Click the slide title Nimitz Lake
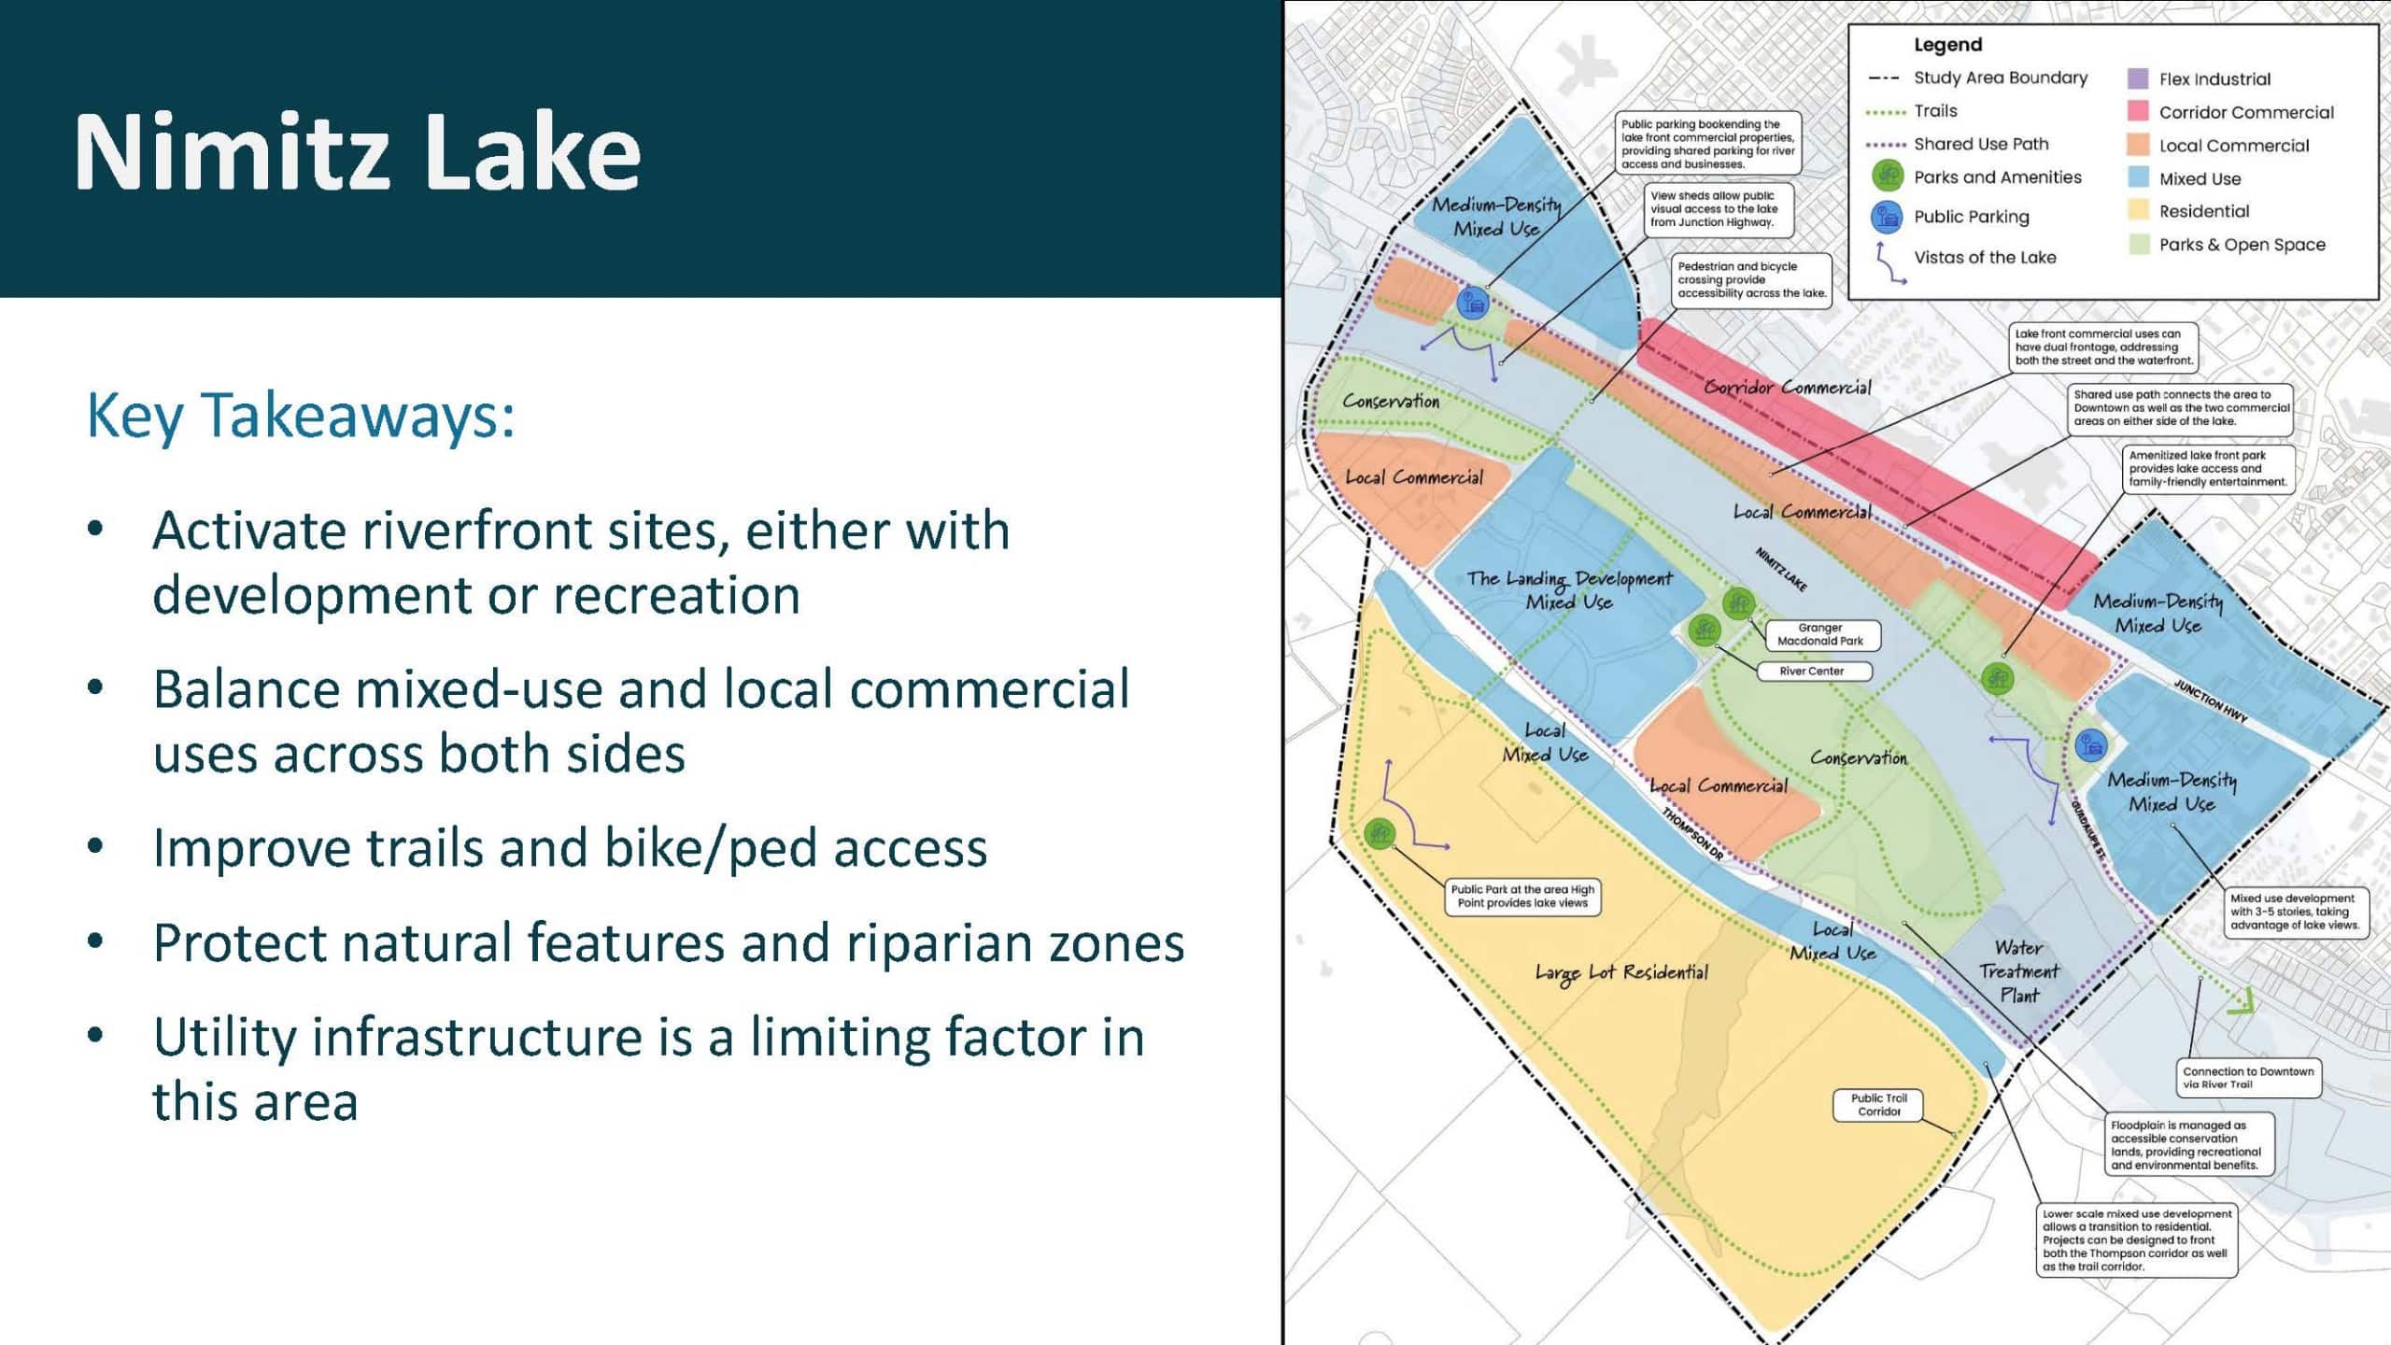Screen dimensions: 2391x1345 tap(358, 151)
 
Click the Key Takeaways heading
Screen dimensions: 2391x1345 tap(301, 415)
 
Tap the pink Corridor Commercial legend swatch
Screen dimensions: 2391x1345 tap(2138, 112)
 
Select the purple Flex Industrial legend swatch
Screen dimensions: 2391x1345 tap(2138, 78)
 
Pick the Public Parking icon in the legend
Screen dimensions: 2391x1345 tap(1887, 217)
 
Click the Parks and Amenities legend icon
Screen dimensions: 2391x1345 tap(1887, 176)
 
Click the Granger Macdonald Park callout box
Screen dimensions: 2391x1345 tap(1820, 635)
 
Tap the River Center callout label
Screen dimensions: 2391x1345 tap(1812, 671)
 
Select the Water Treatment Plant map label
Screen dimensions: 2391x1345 tap(2018, 971)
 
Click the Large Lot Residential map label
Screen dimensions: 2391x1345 tap(1621, 972)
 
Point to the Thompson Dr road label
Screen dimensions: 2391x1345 tap(1692, 834)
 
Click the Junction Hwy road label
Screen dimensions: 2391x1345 tap(2210, 701)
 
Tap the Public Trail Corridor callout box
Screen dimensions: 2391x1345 tap(1879, 1105)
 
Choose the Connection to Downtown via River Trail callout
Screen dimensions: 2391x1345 tap(2248, 1078)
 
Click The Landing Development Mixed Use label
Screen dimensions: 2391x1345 tap(1569, 590)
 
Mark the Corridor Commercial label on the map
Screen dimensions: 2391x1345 tap(1788, 388)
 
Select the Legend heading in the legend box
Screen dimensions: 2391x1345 tap(1947, 45)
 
